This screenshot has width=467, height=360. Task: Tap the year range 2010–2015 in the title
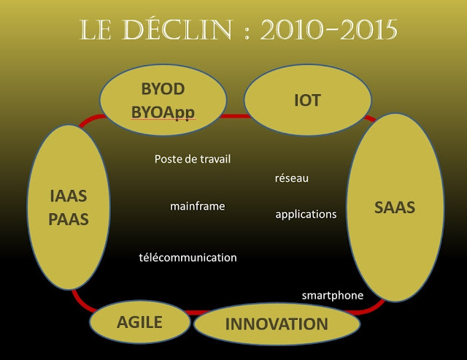(x=329, y=29)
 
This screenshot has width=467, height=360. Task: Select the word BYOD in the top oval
(x=163, y=89)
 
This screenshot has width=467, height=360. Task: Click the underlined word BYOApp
(x=163, y=112)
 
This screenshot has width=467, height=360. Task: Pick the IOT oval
(x=307, y=100)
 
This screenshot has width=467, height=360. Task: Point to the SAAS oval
(x=395, y=207)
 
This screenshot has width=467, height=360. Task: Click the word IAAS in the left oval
(x=68, y=196)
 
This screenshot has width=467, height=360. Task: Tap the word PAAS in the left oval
(x=68, y=219)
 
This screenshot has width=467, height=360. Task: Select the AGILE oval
(x=139, y=322)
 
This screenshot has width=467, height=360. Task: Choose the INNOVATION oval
(x=277, y=324)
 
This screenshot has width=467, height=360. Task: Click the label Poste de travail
(x=193, y=159)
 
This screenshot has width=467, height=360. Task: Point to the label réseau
(x=292, y=178)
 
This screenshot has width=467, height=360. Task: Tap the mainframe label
(x=198, y=206)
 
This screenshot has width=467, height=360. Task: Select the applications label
(x=306, y=215)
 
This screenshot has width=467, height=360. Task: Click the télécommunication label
(x=188, y=258)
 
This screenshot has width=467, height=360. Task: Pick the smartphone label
(x=333, y=296)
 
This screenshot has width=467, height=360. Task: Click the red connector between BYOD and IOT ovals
(x=235, y=116)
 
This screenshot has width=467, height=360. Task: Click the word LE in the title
(x=95, y=29)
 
